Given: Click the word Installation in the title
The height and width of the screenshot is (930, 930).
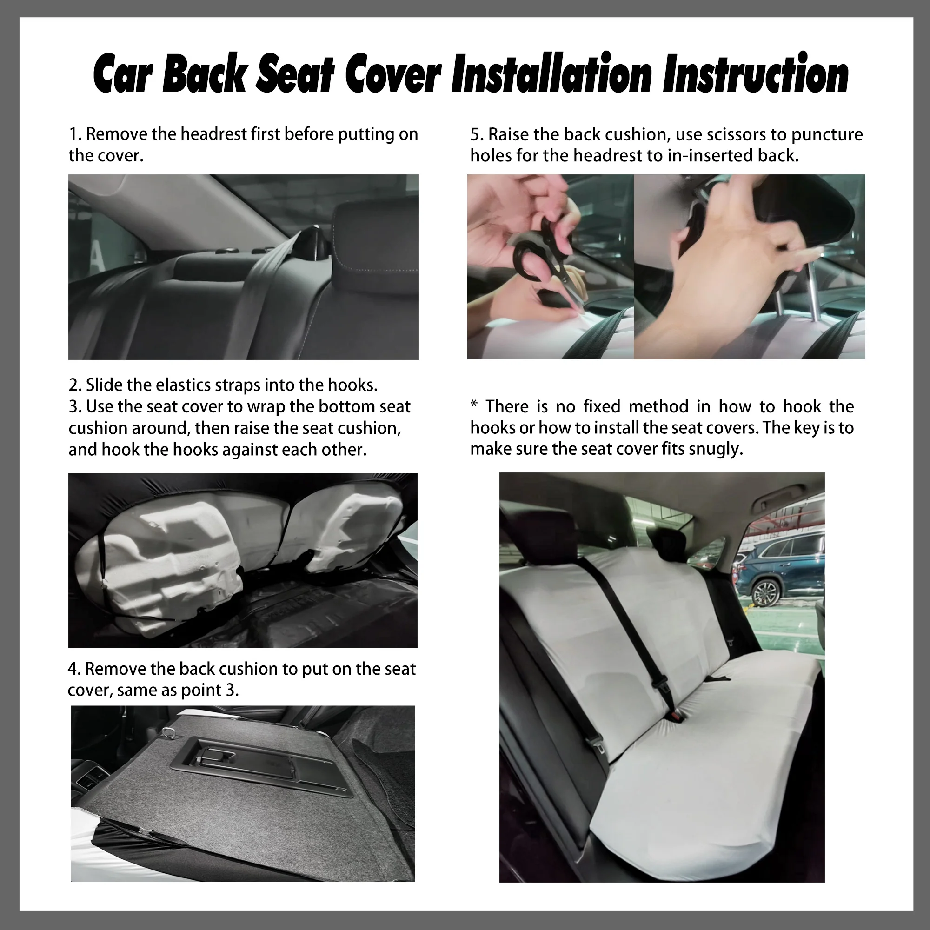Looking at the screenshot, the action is click(551, 73).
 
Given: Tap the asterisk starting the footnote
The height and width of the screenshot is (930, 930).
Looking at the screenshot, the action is click(474, 405).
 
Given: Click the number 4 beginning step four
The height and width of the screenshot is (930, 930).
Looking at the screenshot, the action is click(72, 669).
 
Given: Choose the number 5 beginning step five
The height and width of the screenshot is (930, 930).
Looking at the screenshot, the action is click(475, 135).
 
